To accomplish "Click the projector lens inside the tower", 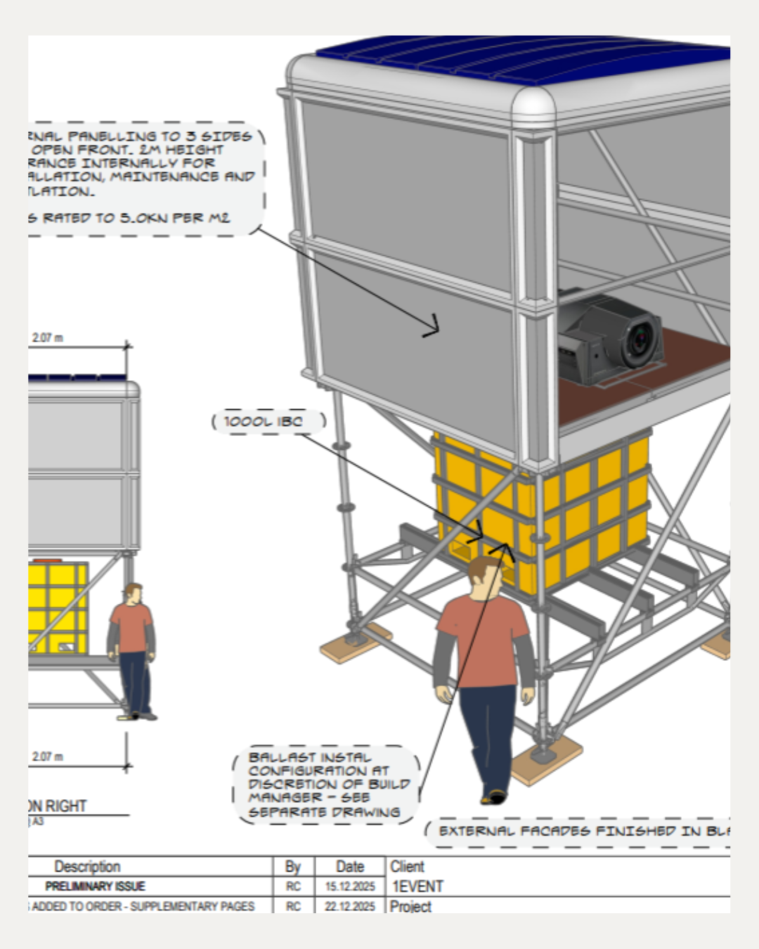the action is tap(640, 342).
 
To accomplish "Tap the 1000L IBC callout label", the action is tap(264, 422).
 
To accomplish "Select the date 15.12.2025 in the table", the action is tap(350, 886).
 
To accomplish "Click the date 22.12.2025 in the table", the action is tap(350, 906).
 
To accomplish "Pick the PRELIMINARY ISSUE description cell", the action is tap(95, 886).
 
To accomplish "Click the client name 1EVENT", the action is tap(417, 886).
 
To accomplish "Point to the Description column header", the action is tap(88, 867).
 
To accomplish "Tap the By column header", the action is tap(293, 867).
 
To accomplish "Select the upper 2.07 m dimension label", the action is tap(47, 338).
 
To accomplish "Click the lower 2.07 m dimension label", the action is tap(47, 757).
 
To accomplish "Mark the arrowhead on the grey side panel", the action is tap(432, 327).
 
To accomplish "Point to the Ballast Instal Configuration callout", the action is tap(325, 785).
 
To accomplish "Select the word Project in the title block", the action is tap(410, 906).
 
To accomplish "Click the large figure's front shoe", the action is tap(495, 796).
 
